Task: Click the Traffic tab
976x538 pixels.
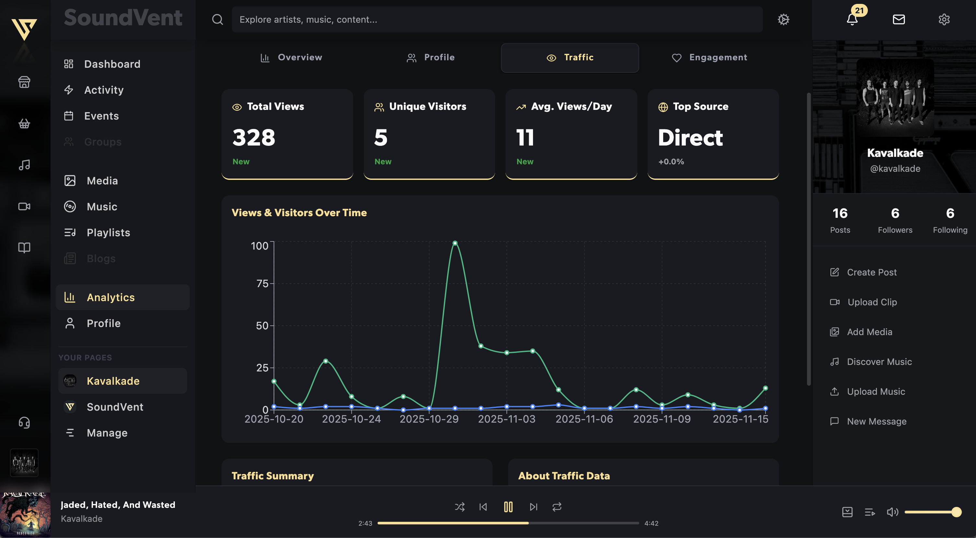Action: coord(570,58)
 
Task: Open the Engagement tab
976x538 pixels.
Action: coord(709,58)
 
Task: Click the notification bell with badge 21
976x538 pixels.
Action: coord(852,19)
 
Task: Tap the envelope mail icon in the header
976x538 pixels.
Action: coord(899,19)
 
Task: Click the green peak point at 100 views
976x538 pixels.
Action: coord(455,243)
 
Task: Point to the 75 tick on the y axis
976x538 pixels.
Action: coord(262,284)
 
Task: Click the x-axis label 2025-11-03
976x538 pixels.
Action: coord(506,419)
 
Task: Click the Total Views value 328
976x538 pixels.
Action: coord(254,138)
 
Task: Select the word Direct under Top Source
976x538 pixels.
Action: coord(690,138)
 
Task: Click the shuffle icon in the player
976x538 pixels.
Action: coord(460,507)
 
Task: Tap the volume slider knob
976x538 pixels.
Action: coord(956,512)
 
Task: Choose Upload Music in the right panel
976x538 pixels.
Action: coord(876,392)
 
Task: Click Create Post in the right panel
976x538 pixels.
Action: coord(871,273)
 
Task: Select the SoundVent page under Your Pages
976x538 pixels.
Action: coord(115,407)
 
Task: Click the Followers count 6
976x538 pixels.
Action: coord(895,214)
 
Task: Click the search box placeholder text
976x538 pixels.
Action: coord(308,20)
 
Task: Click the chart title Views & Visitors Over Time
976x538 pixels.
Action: coord(299,213)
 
